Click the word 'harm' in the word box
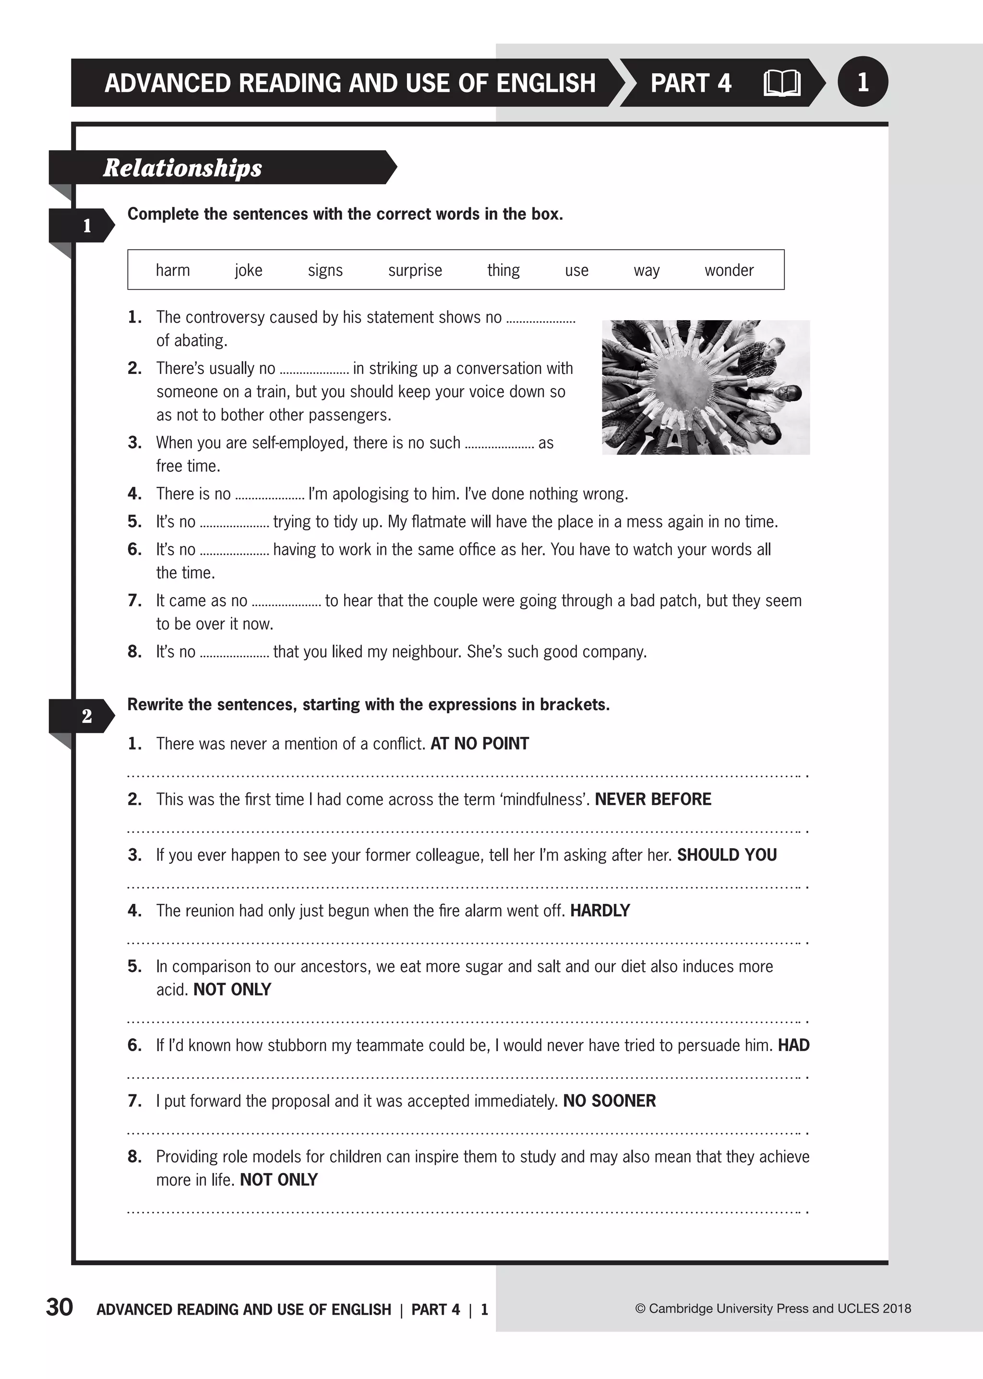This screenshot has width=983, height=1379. pyautogui.click(x=172, y=270)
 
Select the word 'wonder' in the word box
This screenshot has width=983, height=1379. pyautogui.click(x=729, y=270)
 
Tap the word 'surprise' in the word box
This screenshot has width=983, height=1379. pyautogui.click(x=415, y=270)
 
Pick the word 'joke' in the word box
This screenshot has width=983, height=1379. pyautogui.click(x=248, y=270)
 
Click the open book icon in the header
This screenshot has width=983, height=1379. pyautogui.click(x=782, y=83)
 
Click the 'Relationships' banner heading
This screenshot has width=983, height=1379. pyautogui.click(x=182, y=168)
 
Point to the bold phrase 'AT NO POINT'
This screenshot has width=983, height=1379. pyautogui.click(x=480, y=743)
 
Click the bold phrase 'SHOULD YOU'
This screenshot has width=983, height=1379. pyautogui.click(x=726, y=855)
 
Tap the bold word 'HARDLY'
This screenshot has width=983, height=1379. pyautogui.click(x=600, y=911)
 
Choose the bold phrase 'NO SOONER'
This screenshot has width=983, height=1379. pyautogui.click(x=609, y=1101)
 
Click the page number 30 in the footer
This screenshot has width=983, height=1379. pyautogui.click(x=60, y=1307)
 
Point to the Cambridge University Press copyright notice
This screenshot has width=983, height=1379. pyautogui.click(x=773, y=1308)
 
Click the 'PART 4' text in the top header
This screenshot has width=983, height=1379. pyautogui.click(x=691, y=83)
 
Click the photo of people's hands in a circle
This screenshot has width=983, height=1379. pyautogui.click(x=705, y=387)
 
